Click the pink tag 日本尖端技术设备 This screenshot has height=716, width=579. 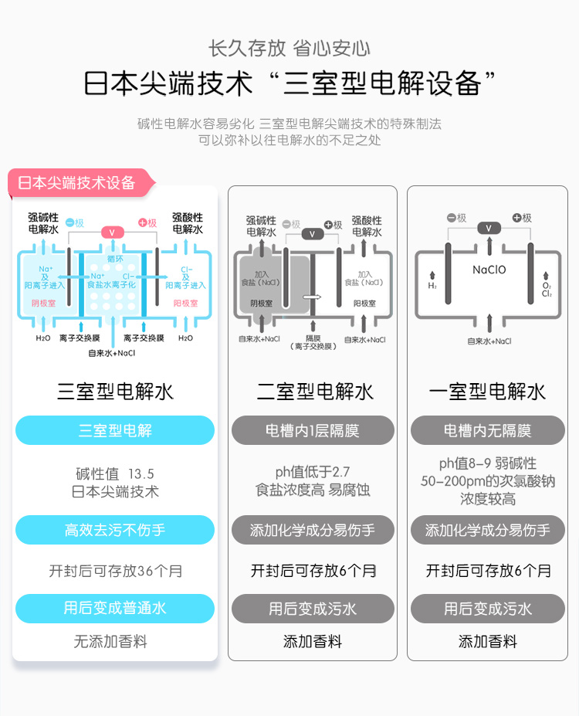(77, 183)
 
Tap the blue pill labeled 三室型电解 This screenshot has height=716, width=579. (115, 430)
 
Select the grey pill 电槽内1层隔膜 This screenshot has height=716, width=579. (313, 430)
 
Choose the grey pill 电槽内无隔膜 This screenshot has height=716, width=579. (488, 430)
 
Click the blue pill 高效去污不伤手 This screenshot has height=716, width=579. (115, 530)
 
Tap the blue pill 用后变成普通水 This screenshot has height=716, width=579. (115, 609)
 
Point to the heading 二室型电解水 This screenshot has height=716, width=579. (314, 392)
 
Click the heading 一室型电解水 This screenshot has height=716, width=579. (488, 392)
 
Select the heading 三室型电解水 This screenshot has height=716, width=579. (115, 392)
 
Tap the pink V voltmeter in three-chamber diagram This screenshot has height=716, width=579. (112, 232)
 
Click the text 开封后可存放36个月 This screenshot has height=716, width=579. (116, 572)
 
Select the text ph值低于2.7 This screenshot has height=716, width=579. (313, 472)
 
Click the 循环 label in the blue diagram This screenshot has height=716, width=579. (115, 259)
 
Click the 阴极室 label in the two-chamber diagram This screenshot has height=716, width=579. (261, 304)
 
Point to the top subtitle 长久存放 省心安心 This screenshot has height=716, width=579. (289, 49)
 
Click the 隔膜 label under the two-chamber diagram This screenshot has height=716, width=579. (313, 338)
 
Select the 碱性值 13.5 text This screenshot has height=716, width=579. (115, 473)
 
